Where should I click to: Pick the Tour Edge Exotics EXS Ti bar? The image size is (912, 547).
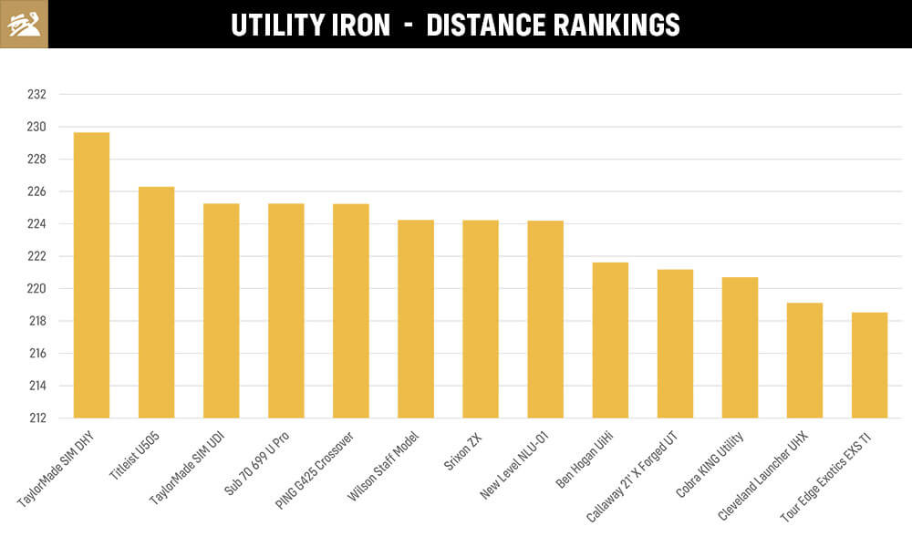click(869, 365)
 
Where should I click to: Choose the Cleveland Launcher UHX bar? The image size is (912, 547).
click(804, 360)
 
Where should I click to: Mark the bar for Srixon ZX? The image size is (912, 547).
click(481, 319)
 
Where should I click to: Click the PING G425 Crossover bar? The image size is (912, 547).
click(351, 311)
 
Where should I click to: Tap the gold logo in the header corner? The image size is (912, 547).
click(24, 24)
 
